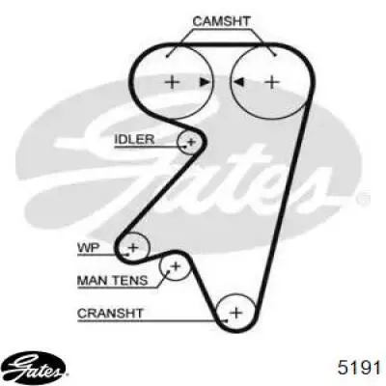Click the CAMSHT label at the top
(x=221, y=21)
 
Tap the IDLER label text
(x=134, y=139)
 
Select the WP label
(x=89, y=248)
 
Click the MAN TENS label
(x=113, y=281)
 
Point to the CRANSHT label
(x=110, y=313)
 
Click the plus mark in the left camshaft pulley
(x=173, y=82)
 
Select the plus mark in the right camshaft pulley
(x=272, y=82)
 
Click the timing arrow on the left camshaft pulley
(x=204, y=82)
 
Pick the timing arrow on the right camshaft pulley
(x=238, y=82)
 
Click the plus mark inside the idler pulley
(x=191, y=142)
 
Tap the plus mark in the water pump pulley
(x=133, y=248)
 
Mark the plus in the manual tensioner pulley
(x=176, y=266)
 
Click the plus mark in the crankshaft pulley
(x=236, y=312)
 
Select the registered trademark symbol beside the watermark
(x=363, y=200)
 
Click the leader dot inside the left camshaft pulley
(x=167, y=57)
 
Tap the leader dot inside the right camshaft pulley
(x=275, y=56)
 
